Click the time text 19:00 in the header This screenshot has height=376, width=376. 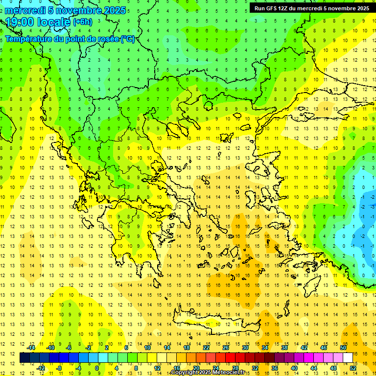pos(22,22)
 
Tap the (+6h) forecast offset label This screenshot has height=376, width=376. pos(82,22)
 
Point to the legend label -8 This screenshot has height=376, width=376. pos(60,368)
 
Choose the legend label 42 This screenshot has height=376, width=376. pos(304,347)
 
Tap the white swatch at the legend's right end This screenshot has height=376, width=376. pos(348,357)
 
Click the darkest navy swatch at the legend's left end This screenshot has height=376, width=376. pos(24,357)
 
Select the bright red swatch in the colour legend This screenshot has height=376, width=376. pos(230,357)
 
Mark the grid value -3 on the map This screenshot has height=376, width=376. pos(373,207)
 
